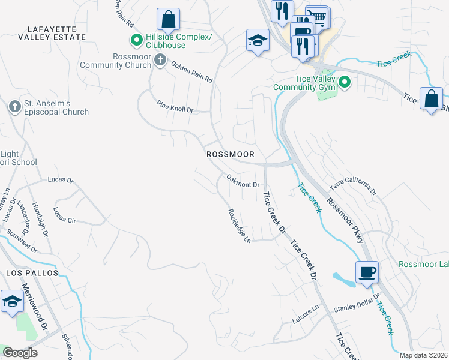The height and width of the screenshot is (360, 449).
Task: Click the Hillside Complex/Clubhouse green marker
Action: tap(136, 41)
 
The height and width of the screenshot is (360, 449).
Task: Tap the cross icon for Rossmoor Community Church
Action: tap(160, 59)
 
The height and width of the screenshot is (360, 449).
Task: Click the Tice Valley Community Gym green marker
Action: tap(345, 82)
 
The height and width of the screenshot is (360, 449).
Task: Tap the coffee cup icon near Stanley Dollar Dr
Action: tap(367, 272)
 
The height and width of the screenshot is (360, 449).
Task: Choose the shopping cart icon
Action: tap(319, 17)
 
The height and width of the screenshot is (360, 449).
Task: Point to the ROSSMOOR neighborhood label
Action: tap(231, 154)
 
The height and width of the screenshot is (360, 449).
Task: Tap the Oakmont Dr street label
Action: tap(243, 181)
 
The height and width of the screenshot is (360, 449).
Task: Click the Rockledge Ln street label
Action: tap(238, 225)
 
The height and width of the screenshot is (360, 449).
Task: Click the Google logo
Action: tap(20, 353)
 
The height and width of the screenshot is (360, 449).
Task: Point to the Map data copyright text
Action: tap(423, 355)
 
